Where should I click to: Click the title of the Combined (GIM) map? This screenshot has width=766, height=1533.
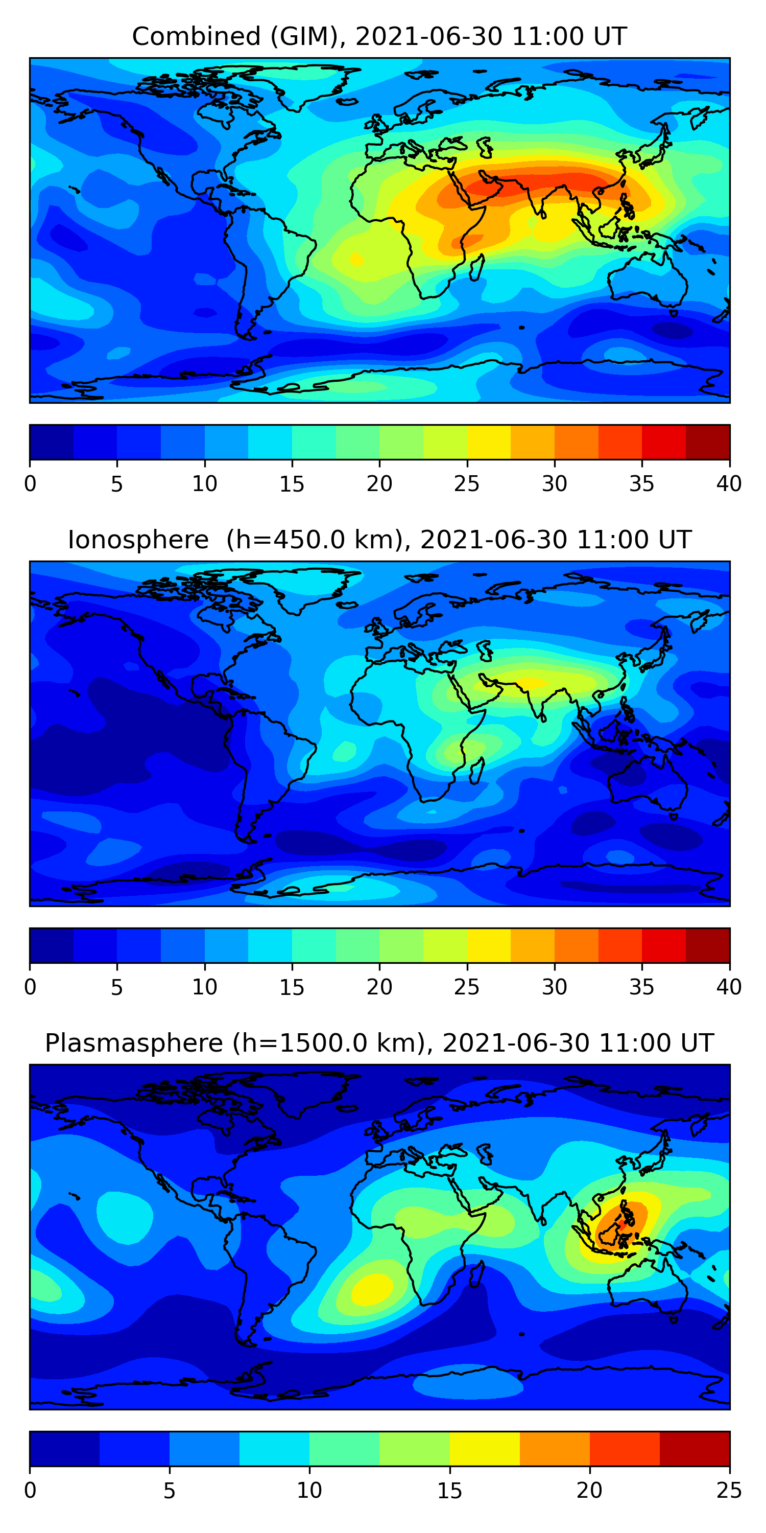pyautogui.click(x=379, y=36)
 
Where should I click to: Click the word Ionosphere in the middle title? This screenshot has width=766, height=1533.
pyautogui.click(x=138, y=540)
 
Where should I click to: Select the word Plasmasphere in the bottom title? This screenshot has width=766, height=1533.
pyautogui.click(x=134, y=1043)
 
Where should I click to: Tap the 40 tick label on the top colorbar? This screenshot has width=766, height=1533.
pyautogui.click(x=729, y=484)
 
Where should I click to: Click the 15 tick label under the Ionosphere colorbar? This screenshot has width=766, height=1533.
pyautogui.click(x=292, y=987)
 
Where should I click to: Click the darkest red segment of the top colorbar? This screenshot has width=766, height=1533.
pyautogui.click(x=708, y=442)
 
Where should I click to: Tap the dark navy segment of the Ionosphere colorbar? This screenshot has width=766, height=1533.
pyautogui.click(x=51, y=945)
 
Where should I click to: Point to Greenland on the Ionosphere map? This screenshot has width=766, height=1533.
pyautogui.click(x=309, y=586)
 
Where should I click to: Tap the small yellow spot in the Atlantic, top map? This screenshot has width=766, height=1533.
pyautogui.click(x=356, y=260)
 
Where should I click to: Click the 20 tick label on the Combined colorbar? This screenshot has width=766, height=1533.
pyautogui.click(x=379, y=484)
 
